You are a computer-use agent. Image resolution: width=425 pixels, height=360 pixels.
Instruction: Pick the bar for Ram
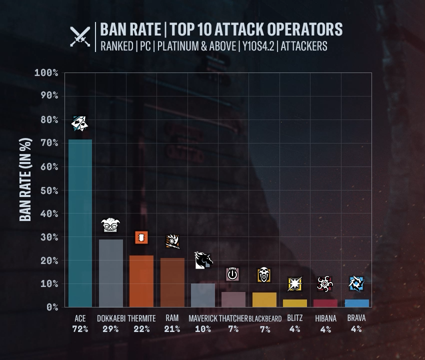172,282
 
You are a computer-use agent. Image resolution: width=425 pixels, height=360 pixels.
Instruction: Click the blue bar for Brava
357,303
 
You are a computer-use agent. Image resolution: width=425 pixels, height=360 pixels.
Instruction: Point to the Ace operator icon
80,123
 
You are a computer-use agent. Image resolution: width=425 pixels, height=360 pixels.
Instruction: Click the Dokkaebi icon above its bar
111,225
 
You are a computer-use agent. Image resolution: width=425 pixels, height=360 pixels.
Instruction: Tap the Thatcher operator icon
233,274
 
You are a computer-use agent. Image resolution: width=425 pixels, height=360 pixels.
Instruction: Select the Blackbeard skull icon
264,274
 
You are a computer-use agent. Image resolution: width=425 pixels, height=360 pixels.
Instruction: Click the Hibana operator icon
325,284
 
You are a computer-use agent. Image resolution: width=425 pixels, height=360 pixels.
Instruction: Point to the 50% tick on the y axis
46,190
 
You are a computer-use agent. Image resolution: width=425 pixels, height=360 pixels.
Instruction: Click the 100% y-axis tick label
46,73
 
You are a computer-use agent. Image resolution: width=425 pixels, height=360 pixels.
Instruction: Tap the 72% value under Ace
80,329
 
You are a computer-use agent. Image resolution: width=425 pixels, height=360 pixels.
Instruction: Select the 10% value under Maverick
202,329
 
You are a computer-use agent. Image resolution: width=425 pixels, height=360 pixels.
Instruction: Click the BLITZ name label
295,318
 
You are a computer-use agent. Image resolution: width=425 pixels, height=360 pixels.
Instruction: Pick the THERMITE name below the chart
141,318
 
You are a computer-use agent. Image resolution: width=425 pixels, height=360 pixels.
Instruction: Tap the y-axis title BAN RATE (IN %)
25,179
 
